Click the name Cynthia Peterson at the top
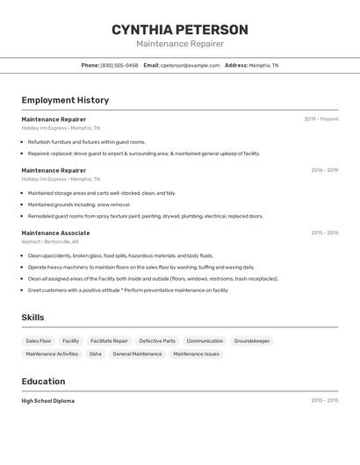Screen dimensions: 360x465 click(x=179, y=30)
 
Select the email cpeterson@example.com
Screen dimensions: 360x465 click(x=190, y=65)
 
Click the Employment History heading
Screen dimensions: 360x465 click(x=65, y=100)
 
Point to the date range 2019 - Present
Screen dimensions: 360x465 click(x=320, y=118)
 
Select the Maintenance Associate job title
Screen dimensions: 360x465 click(x=55, y=232)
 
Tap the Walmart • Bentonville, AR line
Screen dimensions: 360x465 click(x=50, y=241)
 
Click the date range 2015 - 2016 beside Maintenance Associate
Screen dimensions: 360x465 click(x=324, y=232)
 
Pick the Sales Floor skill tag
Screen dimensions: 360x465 click(x=39, y=340)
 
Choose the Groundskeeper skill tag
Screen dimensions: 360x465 click(x=252, y=340)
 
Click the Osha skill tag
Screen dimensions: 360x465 click(x=95, y=354)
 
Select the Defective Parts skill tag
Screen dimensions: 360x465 click(x=157, y=340)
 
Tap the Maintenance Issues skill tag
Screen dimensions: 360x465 click(x=196, y=354)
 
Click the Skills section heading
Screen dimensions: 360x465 click(x=32, y=318)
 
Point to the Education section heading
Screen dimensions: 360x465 click(x=43, y=382)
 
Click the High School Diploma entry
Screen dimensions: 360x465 click(x=48, y=400)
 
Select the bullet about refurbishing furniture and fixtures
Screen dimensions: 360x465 click(x=86, y=141)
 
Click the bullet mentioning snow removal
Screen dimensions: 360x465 click(x=78, y=204)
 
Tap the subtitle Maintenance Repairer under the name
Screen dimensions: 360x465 click(x=179, y=44)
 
